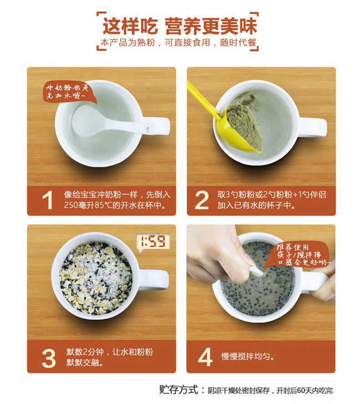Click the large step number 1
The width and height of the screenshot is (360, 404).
(x=48, y=200)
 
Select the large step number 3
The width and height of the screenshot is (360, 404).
(x=49, y=358)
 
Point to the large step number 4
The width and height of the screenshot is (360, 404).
(x=205, y=357)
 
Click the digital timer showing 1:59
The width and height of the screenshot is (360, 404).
(x=153, y=242)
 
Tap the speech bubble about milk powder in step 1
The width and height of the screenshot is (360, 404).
(x=69, y=92)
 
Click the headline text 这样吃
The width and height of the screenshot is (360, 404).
(x=130, y=26)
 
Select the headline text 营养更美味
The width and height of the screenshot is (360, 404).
(x=211, y=26)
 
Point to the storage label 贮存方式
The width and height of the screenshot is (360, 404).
(x=178, y=389)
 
